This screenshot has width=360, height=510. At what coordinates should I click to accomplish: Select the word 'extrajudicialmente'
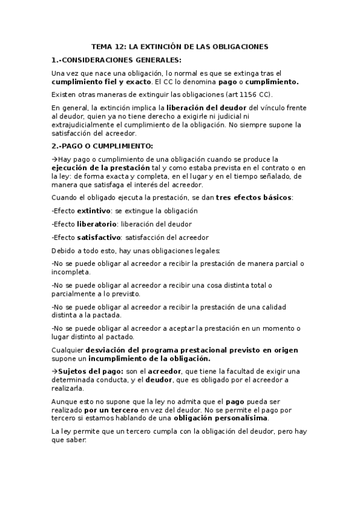point(82,124)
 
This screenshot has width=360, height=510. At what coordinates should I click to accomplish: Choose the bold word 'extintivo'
point(93,211)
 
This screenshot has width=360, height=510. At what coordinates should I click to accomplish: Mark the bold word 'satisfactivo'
point(99,238)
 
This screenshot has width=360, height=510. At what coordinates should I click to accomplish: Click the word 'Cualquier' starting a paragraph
point(68,350)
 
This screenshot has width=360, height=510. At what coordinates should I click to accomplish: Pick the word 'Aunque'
point(66,401)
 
